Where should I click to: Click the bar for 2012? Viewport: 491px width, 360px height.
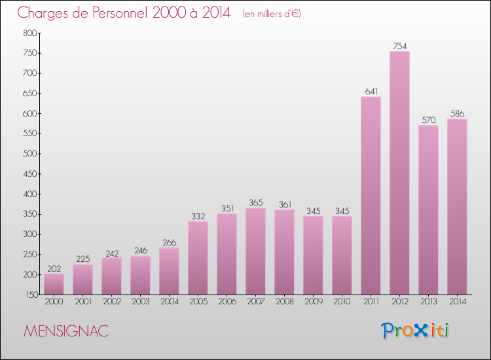[399, 173]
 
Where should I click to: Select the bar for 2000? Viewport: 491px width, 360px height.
[54, 284]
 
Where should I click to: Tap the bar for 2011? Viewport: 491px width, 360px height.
[371, 196]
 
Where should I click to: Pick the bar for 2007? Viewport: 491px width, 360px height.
[255, 251]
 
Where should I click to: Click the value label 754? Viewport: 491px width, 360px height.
[399, 46]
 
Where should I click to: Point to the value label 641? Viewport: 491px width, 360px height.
[371, 92]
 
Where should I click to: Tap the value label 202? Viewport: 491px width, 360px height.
[54, 268]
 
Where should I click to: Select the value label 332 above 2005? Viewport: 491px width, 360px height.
[198, 216]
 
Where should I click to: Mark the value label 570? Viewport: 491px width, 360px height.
[428, 120]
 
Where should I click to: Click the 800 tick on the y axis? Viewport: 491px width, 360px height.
[29, 33]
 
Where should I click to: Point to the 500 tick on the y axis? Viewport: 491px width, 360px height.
[29, 154]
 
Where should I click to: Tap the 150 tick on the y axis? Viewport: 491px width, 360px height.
[29, 295]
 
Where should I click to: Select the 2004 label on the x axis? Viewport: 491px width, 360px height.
[169, 302]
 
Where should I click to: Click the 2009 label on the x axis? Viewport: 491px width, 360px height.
[313, 302]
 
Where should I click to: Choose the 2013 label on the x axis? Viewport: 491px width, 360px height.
[428, 302]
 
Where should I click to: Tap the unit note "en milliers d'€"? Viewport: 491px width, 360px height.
[271, 14]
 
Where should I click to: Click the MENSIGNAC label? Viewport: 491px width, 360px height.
[65, 331]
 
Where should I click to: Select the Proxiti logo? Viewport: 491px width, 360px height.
[415, 331]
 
